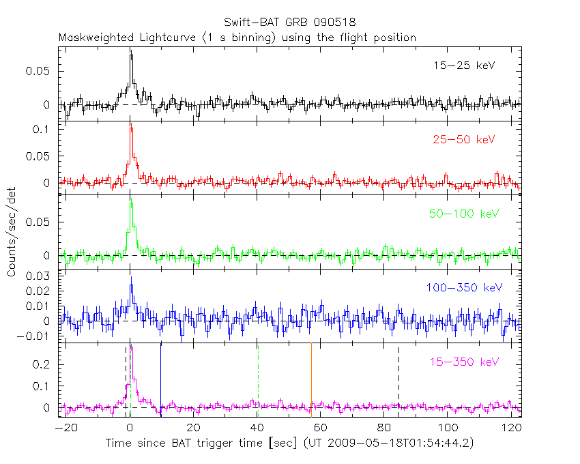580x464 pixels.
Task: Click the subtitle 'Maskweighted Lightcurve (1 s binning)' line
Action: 237,38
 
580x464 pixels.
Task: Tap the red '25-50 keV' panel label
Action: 464,140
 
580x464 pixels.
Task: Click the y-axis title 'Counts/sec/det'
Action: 12,232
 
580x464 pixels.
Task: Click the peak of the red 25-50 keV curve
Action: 131,128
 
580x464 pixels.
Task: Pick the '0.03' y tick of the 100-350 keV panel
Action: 42,276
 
